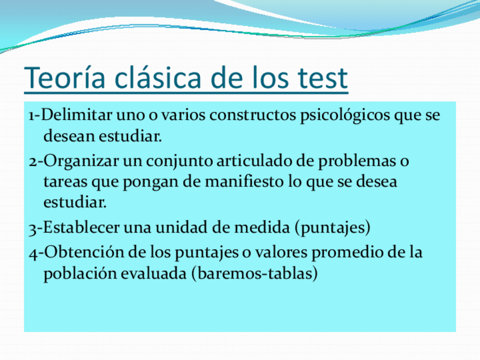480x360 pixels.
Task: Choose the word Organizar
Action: (80, 161)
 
